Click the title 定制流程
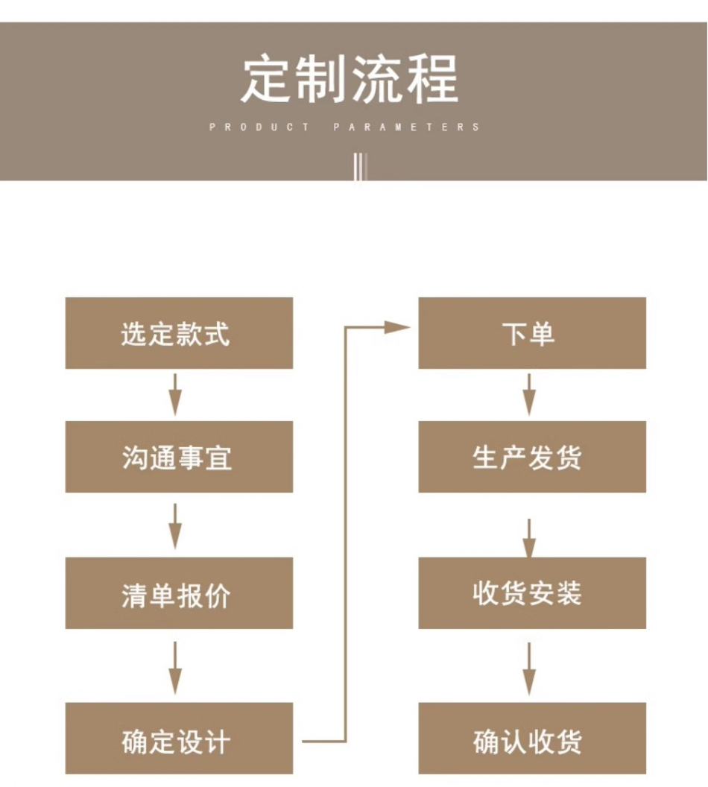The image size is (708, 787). (x=350, y=78)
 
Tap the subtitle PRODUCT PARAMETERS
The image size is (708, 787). (x=345, y=127)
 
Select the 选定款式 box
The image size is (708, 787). (x=179, y=333)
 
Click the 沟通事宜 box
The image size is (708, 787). (x=179, y=457)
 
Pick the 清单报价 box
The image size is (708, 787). (x=179, y=593)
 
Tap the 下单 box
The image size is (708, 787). (x=531, y=333)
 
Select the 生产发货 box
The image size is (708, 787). (x=531, y=457)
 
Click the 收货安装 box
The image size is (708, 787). (x=531, y=593)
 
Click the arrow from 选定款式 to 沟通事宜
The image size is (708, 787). (x=175, y=394)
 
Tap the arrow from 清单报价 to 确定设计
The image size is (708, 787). (x=175, y=667)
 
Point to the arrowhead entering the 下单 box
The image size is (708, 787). (x=398, y=327)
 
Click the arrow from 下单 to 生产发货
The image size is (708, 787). (x=528, y=394)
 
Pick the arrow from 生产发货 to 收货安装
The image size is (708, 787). (x=528, y=538)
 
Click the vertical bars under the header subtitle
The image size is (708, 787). (x=360, y=166)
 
